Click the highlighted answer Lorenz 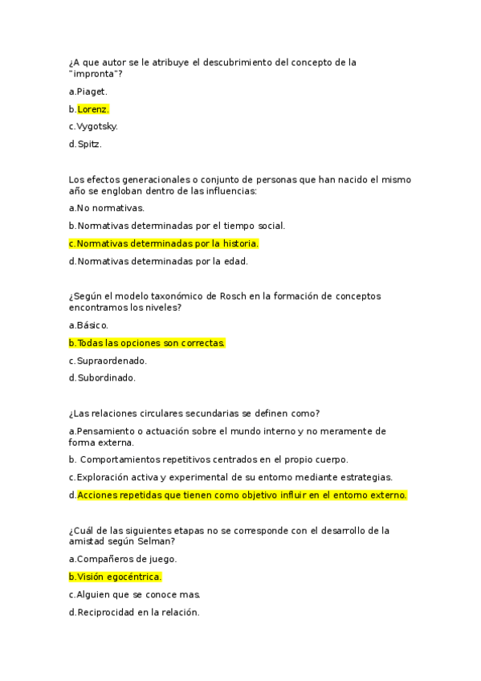click(x=93, y=108)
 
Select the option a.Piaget click(x=88, y=91)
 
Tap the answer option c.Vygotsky click(x=94, y=126)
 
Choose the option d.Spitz click(x=86, y=144)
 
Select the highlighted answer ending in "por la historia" click(x=164, y=243)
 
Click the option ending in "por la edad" click(x=158, y=261)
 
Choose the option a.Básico click(x=89, y=325)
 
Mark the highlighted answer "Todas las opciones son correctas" click(x=147, y=343)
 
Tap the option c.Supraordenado click(x=108, y=361)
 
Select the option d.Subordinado click(x=102, y=377)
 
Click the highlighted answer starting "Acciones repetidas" click(x=242, y=495)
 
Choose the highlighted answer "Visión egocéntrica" click(x=116, y=577)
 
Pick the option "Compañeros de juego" click(x=123, y=559)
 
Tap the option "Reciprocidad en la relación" click(x=134, y=612)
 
